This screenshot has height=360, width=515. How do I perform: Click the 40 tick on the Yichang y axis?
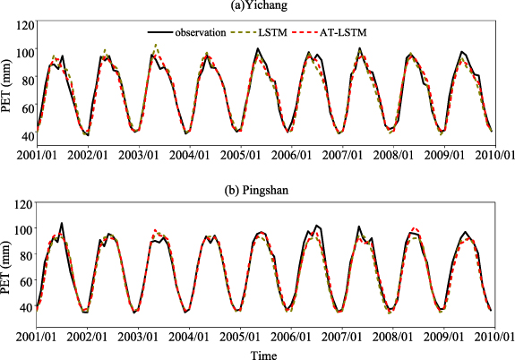pos(27,133)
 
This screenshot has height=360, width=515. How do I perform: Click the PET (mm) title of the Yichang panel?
pos(8,80)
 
